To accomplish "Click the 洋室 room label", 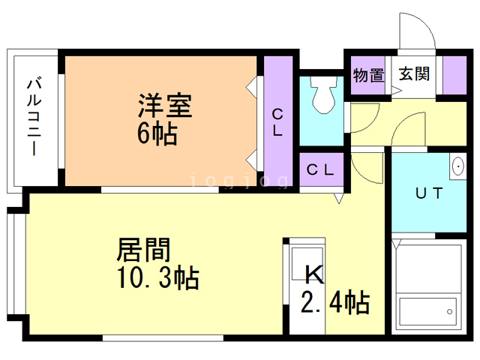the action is click(165, 106).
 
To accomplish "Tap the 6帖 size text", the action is click(157, 133).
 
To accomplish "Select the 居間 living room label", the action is click(143, 250).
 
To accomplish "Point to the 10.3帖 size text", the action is click(158, 277).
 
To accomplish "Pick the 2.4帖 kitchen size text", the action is click(335, 302).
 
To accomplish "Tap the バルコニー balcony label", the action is click(34, 117).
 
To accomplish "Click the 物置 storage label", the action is click(368, 75).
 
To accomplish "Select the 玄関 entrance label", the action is click(414, 73).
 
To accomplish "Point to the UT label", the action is click(429, 193).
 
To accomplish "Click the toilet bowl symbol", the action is click(322, 95).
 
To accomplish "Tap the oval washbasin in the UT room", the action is click(458, 166).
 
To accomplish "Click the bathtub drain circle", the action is click(450, 312).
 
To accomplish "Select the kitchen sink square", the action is click(307, 264).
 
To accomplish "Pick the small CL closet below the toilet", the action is click(321, 169).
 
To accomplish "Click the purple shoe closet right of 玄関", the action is click(454, 75).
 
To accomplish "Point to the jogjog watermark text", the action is click(239, 180).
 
